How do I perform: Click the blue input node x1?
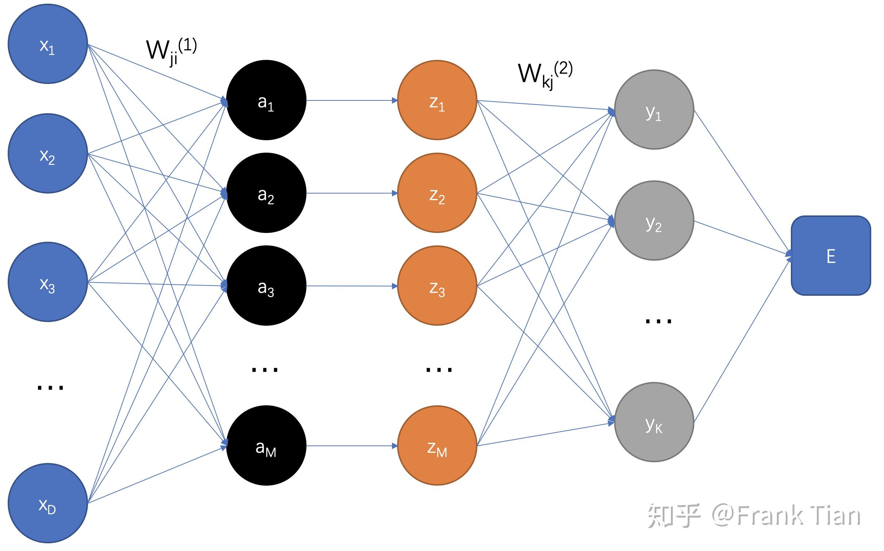[48, 44]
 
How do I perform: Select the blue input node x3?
[48, 282]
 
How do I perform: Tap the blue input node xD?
[48, 504]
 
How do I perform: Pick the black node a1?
[266, 100]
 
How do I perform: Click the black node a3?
[266, 286]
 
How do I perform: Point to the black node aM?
[266, 445]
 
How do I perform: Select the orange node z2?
[437, 193]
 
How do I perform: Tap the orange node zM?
[437, 445]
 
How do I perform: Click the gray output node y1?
[654, 110]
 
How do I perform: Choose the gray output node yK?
[654, 422]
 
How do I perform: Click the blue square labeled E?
[831, 256]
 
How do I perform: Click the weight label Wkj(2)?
[545, 75]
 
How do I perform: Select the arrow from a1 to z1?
[352, 100]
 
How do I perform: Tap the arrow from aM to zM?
[352, 446]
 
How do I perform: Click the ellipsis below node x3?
[50, 387]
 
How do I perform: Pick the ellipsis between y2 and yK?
[658, 321]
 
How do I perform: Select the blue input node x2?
[48, 153]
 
